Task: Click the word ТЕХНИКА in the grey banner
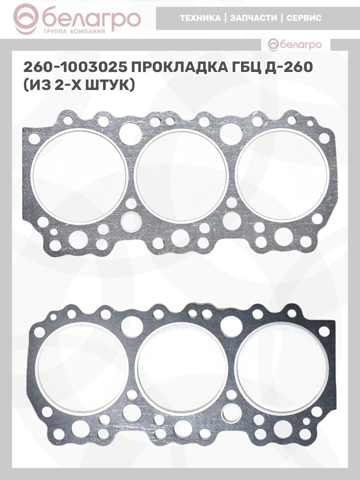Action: point(200,18)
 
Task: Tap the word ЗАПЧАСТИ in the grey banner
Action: point(254,18)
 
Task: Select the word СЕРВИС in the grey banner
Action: point(304,18)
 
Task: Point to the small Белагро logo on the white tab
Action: point(295,45)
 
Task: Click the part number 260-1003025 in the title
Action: point(75,67)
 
